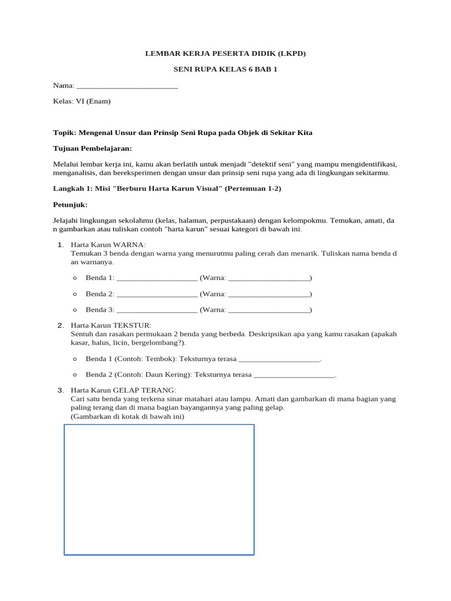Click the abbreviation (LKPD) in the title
pyautogui.click(x=286, y=53)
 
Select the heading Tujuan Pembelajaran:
pyautogui.click(x=92, y=148)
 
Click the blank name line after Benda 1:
pyautogui.click(x=157, y=278)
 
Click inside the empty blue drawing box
pyautogui.click(x=159, y=489)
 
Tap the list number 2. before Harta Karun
pyautogui.click(x=60, y=325)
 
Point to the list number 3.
pyautogui.click(x=60, y=390)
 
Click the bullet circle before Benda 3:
pyautogui.click(x=75, y=310)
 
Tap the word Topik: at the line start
pyautogui.click(x=65, y=133)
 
